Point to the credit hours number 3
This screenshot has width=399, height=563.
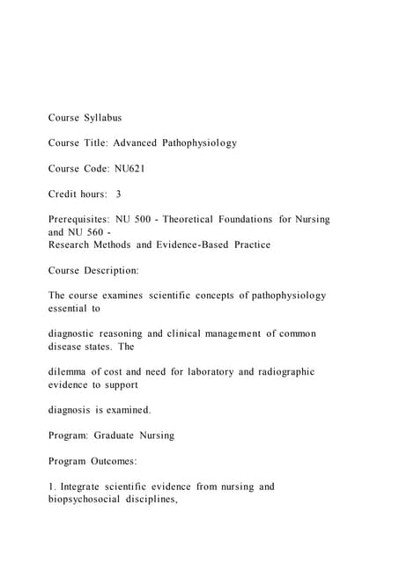click(x=119, y=194)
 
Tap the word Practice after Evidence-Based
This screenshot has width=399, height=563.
click(x=247, y=245)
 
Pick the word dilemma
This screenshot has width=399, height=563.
click(x=71, y=372)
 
